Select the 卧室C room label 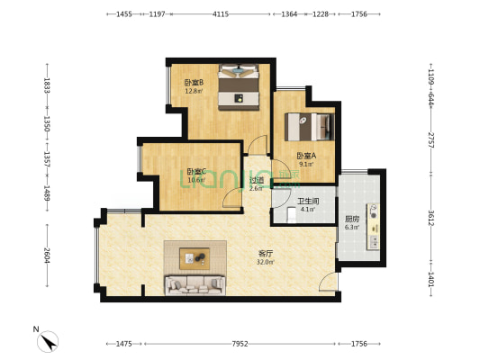tap(197, 171)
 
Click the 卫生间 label tap(308, 202)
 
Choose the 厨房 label tap(352, 219)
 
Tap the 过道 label tap(257, 180)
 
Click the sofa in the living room tap(194, 285)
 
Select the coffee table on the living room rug tap(195, 258)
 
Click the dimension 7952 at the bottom tap(239, 344)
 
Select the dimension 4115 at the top tap(221, 14)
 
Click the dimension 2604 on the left tap(48, 255)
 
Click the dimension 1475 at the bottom tap(124, 344)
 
